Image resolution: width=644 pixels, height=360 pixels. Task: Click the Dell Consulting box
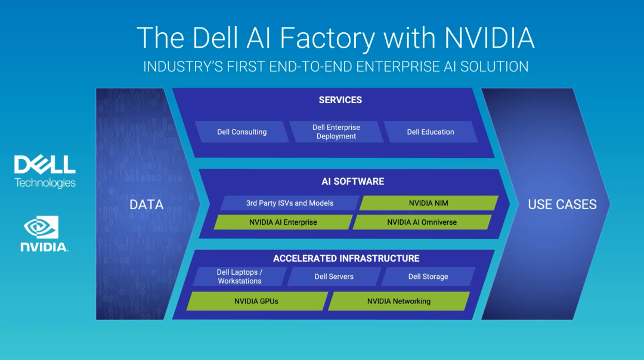coord(242,132)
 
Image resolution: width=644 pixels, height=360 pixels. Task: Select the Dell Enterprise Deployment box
coord(336,132)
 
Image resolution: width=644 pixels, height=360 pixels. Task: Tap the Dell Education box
coord(431,132)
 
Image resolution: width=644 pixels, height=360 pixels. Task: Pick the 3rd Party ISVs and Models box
coord(290,203)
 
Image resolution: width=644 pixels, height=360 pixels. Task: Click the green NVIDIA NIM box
coord(429,203)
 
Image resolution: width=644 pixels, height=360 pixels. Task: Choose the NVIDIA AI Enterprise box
coord(283,222)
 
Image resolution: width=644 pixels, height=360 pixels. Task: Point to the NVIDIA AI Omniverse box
coord(422,222)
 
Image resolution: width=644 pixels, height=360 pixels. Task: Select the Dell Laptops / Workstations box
coord(240,277)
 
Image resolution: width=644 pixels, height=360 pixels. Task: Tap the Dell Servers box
coord(334,277)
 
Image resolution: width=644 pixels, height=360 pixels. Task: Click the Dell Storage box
coord(428,277)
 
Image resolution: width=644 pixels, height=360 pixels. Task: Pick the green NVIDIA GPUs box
coord(257,302)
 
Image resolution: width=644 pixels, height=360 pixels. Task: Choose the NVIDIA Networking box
coord(399,302)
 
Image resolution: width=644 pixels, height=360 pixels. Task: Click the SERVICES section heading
coord(340,100)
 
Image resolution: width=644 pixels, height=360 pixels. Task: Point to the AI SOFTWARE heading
coord(353,181)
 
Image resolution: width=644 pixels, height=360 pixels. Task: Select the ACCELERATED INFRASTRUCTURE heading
coord(346,258)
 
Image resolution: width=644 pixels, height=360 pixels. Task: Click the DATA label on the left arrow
coord(147,204)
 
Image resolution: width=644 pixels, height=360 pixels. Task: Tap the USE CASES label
coord(562,204)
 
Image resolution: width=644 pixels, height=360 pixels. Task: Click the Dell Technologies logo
coord(45,172)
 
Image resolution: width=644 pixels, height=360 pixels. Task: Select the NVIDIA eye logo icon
coord(41,227)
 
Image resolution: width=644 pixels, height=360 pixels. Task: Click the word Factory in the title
coord(327,38)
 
